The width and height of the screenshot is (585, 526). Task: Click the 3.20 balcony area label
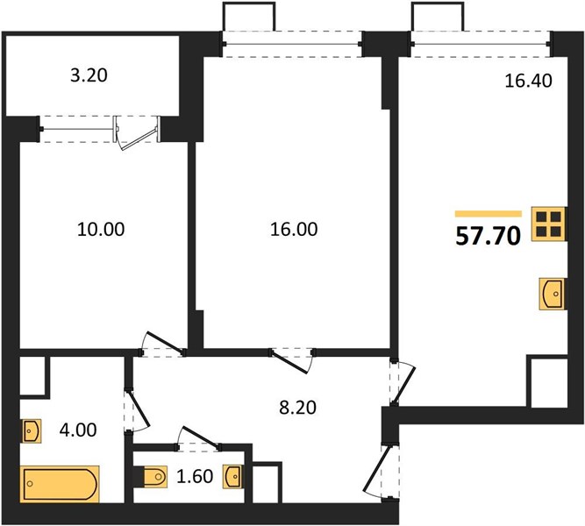pos(89,75)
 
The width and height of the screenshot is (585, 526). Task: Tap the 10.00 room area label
pos(101,229)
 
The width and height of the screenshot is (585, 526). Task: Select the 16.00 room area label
pos(294,229)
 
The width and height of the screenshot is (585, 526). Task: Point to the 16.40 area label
pos(528,81)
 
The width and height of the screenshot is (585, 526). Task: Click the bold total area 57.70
pos(488,236)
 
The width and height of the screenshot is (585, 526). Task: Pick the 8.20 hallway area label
pos(297,408)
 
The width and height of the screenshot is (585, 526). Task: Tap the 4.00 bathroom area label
pos(78,430)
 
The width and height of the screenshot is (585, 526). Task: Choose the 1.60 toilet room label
pos(195,476)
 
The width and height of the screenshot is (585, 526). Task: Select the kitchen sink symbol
pos(553,294)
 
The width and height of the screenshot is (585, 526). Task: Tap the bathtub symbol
pos(60,484)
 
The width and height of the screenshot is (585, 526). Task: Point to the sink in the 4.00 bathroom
pos(32,431)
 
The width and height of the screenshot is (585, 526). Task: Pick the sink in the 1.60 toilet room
pos(232,476)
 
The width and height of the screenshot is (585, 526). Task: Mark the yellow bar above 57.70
pos(488,214)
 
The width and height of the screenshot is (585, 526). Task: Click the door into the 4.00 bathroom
pos(138,410)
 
